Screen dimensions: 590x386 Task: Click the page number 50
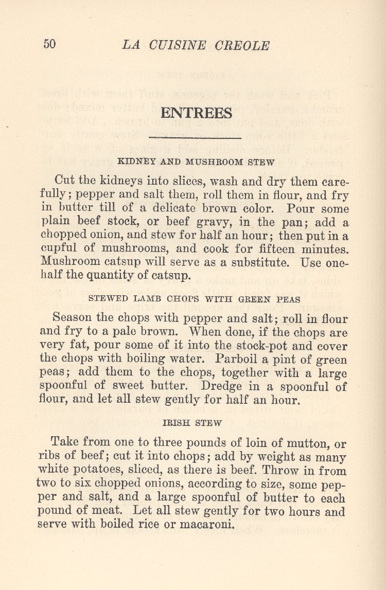coord(49,44)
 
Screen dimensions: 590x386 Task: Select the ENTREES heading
coord(196,113)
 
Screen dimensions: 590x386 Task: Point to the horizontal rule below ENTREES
coord(195,138)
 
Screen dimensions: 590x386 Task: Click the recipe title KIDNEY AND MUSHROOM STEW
coord(196,162)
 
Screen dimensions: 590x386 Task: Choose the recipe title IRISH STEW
coord(192,423)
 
